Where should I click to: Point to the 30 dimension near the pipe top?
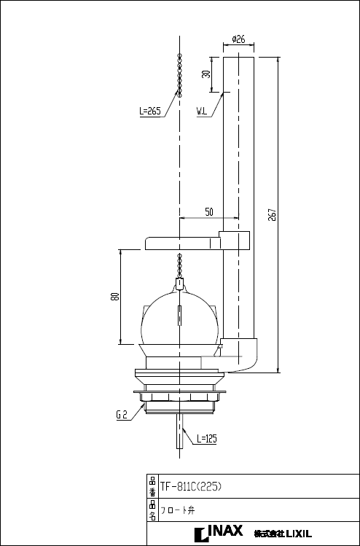(206, 74)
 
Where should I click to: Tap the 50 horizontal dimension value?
(209, 211)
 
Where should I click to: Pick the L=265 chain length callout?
(149, 112)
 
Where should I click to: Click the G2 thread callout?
(122, 415)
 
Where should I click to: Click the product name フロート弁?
(176, 510)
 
